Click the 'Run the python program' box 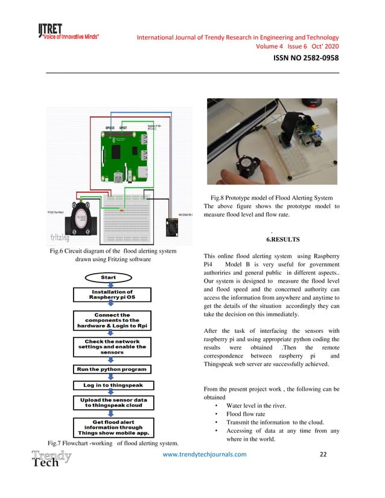point(112,368)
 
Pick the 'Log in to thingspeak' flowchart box point(112,385)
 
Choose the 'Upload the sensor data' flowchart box point(112,403)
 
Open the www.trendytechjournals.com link point(205,455)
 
